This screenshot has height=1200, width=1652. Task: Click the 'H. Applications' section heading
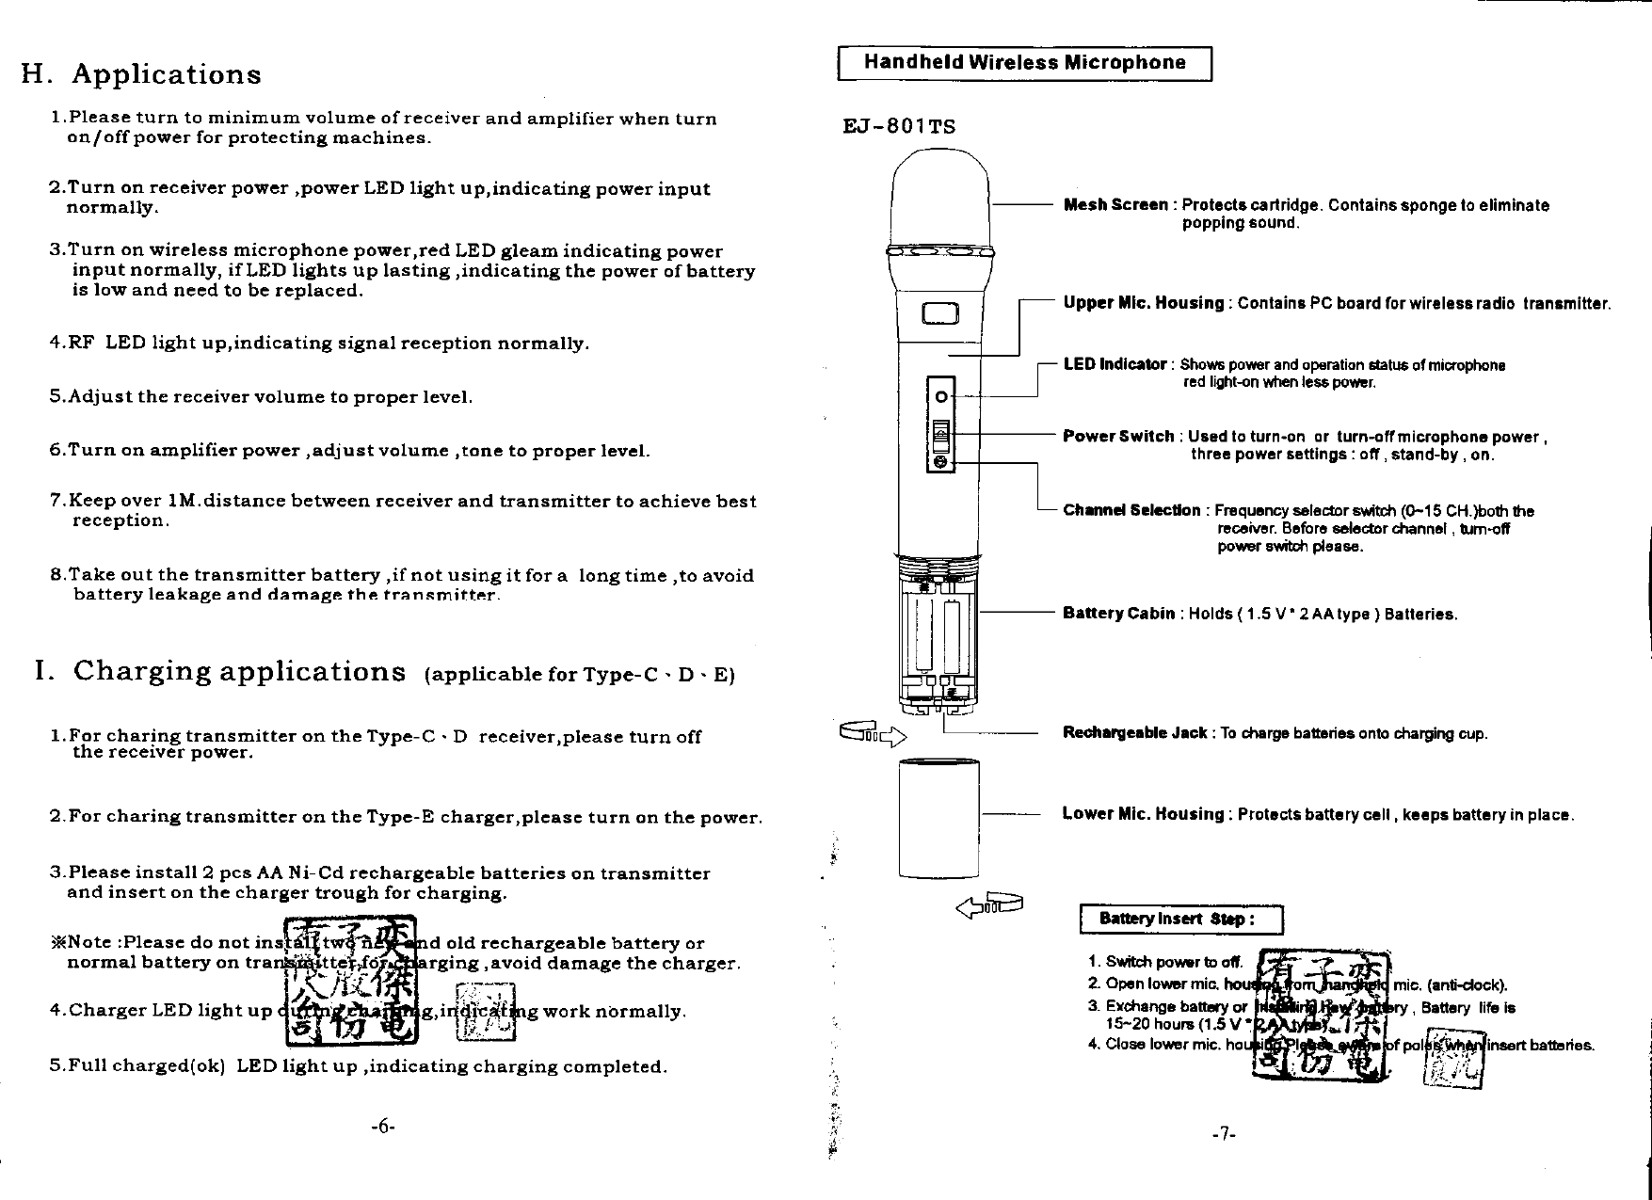(x=141, y=74)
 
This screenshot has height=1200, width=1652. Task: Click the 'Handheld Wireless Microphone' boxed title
(x=1024, y=63)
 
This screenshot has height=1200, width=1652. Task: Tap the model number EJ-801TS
(x=899, y=126)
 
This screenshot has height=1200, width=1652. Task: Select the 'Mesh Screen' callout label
(x=1115, y=205)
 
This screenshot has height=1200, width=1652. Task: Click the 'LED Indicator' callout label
(x=1115, y=364)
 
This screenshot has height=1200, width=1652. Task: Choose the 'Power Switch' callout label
(x=1118, y=437)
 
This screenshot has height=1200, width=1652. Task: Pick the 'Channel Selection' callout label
(x=1131, y=510)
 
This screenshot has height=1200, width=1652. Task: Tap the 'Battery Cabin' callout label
(x=1118, y=614)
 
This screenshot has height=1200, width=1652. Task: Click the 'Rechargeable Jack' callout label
(x=1134, y=733)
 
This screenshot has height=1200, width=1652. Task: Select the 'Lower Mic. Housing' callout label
(x=1143, y=814)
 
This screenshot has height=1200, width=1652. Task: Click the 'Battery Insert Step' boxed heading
(x=1180, y=920)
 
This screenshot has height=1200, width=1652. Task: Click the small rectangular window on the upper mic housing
(x=939, y=314)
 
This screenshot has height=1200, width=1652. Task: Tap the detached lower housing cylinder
(x=938, y=819)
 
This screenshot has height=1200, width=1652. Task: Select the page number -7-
(x=1223, y=1134)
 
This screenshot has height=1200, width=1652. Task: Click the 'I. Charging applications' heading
(x=219, y=672)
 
